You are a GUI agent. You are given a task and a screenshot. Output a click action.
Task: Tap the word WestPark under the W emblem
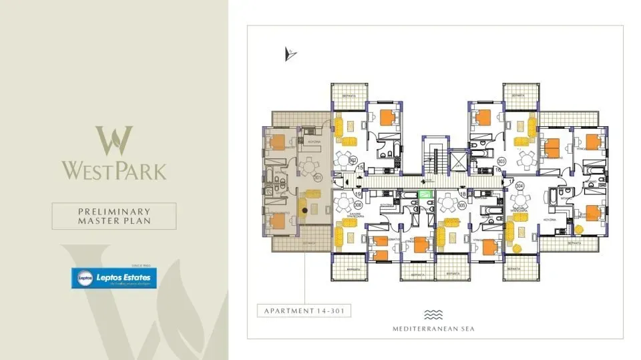[x=115, y=170]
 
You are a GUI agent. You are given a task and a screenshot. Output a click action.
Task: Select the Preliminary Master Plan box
[x=115, y=216]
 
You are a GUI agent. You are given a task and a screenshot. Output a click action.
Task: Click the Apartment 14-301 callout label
[x=304, y=311]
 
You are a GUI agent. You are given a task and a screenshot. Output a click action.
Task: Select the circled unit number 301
[x=318, y=177]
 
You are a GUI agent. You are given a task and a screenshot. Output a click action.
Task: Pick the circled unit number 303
[x=501, y=160]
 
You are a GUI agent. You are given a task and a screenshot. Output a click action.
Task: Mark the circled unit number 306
[x=358, y=204]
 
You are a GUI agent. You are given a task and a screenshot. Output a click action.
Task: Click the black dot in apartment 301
[x=305, y=210]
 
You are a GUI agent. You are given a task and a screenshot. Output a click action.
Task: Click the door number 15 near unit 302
[x=361, y=168]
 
